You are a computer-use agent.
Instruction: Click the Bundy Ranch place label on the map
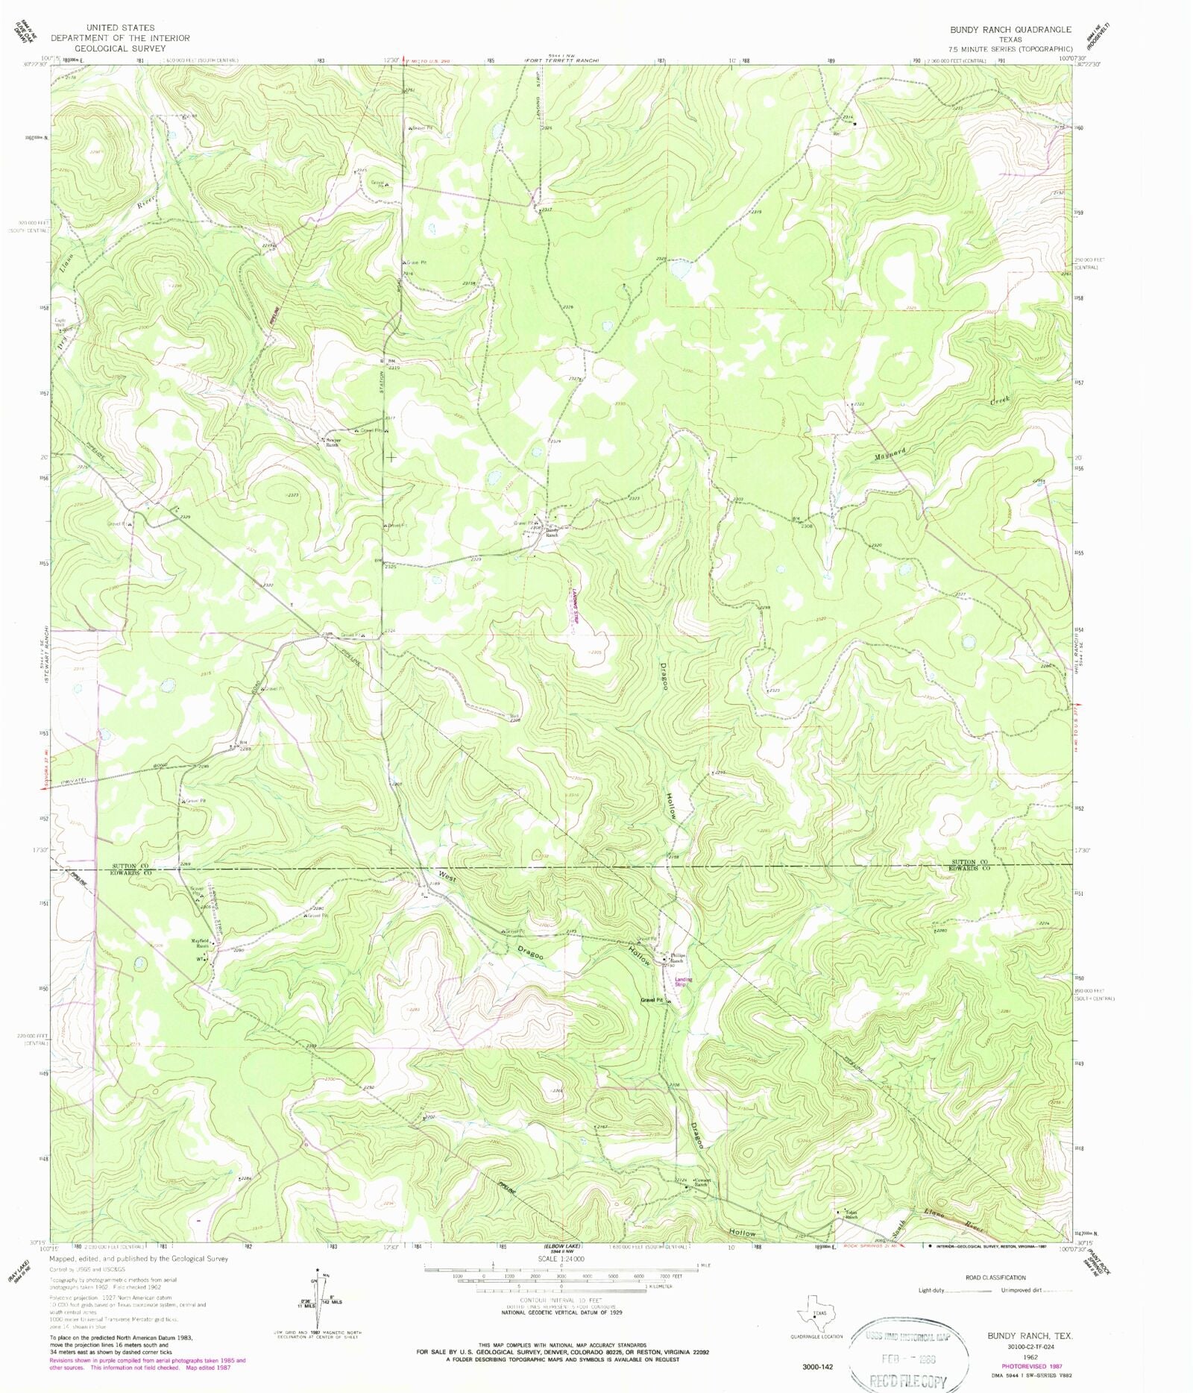(x=551, y=532)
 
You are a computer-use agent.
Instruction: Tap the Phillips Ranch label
(x=676, y=958)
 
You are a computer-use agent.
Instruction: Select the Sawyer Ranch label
(x=332, y=442)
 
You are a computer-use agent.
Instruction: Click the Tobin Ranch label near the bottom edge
(x=851, y=1215)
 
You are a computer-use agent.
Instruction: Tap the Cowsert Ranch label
(x=700, y=1183)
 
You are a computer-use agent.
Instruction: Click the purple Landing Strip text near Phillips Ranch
(x=683, y=981)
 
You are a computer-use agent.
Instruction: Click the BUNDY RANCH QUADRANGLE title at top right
(x=1010, y=30)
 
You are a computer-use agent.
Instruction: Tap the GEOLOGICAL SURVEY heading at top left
(x=120, y=48)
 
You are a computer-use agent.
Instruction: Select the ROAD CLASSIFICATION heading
(x=995, y=1277)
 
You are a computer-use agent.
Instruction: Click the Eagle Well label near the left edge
(x=60, y=322)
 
